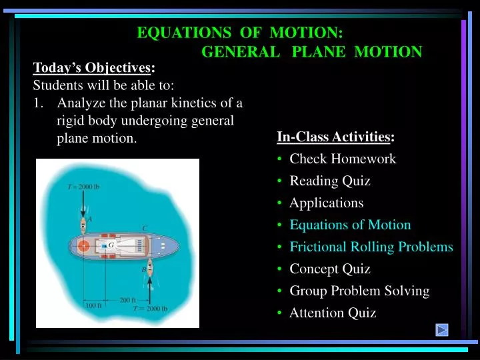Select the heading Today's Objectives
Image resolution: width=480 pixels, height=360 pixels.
[x=93, y=67]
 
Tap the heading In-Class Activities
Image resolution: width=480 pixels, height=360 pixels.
[x=334, y=137]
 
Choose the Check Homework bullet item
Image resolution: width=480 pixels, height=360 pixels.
[x=342, y=159]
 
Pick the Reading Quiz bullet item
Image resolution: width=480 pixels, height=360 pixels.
[x=329, y=181]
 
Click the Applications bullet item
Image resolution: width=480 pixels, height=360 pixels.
[x=326, y=203]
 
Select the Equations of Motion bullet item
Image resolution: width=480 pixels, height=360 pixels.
[x=350, y=225]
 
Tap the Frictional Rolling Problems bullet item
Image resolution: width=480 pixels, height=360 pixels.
[x=371, y=247]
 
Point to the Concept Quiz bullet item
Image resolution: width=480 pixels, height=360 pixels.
[x=329, y=269]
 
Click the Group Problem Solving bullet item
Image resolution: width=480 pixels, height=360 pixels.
[x=359, y=291]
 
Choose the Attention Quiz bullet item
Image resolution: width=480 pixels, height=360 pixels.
[x=332, y=313]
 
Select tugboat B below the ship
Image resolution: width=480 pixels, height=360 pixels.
[x=149, y=269]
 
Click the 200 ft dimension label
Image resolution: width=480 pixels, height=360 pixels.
[x=127, y=300]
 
